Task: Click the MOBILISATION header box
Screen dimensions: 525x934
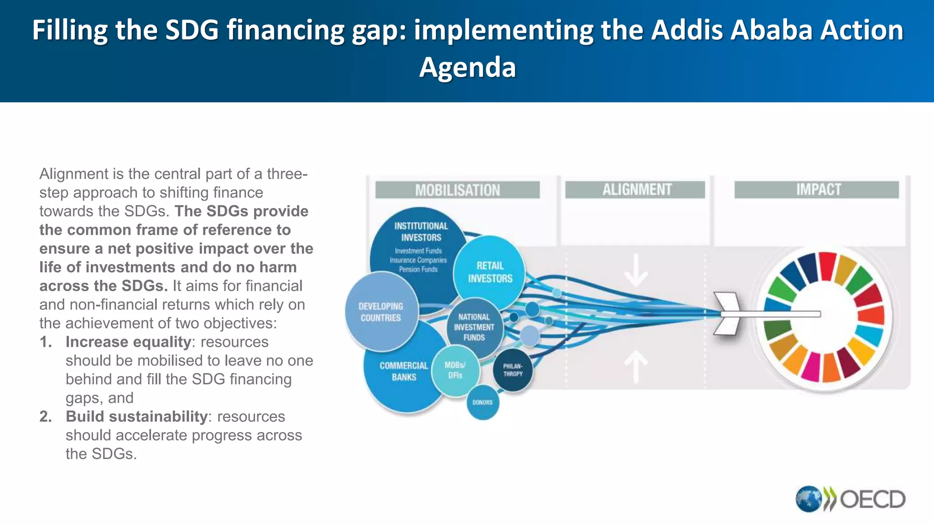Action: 457,190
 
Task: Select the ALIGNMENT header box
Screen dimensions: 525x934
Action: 635,190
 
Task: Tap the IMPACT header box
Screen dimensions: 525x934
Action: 816,190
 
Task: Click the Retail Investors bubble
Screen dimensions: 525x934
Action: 490,272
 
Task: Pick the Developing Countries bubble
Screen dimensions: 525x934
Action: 381,312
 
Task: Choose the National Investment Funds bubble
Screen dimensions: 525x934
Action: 474,327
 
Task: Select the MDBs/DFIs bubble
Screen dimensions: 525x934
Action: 455,370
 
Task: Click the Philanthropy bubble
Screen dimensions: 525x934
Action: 513,370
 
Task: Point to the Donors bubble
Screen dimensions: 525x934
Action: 483,402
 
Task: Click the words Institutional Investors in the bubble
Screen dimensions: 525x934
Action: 421,232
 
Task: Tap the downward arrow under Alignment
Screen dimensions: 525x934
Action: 636,270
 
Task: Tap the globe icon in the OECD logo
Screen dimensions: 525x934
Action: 808,499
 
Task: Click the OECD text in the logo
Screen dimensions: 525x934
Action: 872,499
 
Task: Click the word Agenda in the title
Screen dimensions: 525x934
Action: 467,67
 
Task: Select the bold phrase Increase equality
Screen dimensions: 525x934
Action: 128,342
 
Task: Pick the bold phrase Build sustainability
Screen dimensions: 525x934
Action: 137,417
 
